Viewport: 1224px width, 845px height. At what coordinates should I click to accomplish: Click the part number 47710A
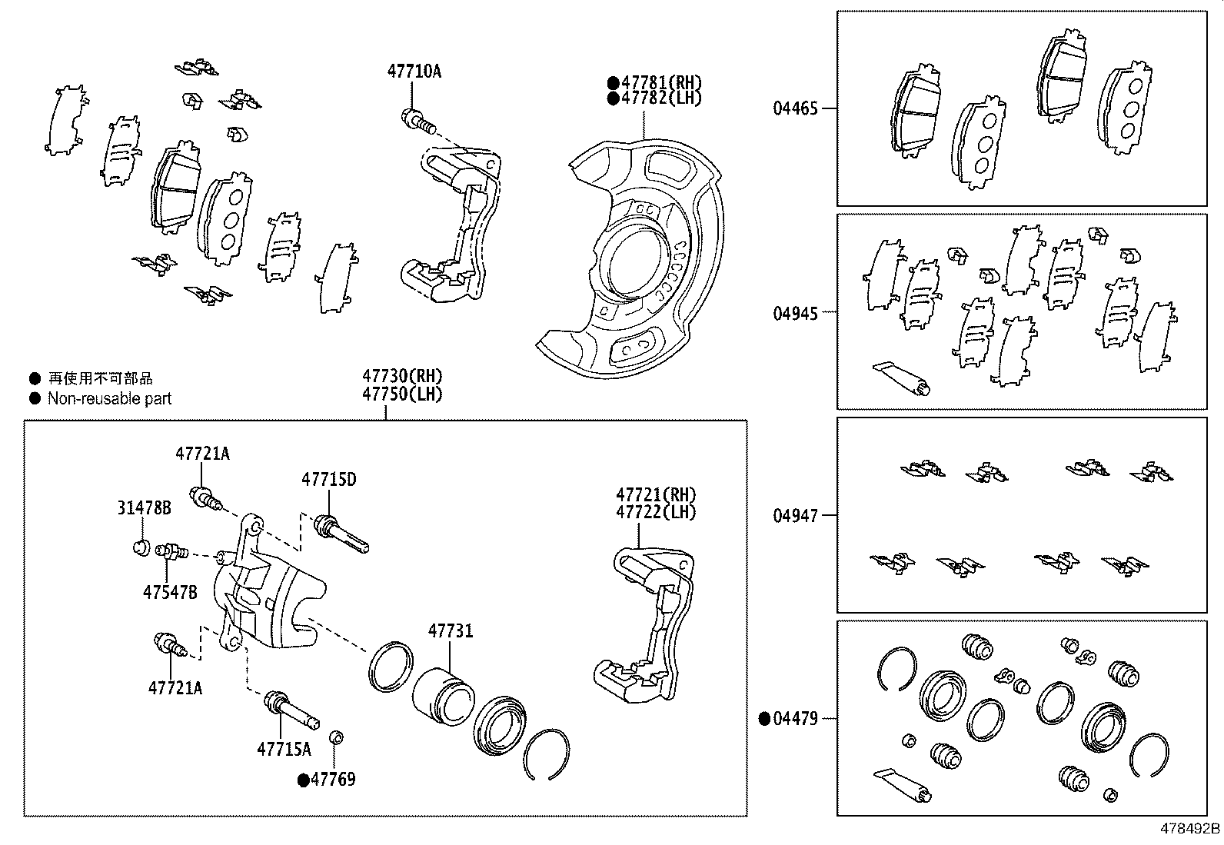414,72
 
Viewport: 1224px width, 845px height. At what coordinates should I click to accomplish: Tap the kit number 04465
795,108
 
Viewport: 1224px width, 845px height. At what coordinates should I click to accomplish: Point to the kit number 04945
795,312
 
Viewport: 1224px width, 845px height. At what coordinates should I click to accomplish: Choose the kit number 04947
795,515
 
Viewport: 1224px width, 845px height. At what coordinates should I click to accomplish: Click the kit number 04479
795,719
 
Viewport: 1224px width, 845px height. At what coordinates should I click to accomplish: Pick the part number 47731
451,631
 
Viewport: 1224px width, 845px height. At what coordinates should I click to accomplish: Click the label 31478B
144,508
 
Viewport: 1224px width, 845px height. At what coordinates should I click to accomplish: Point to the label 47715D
328,480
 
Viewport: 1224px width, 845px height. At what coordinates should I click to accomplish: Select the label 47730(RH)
403,377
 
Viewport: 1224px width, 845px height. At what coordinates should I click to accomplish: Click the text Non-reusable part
109,398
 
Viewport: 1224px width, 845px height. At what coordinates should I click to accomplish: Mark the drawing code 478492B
1190,829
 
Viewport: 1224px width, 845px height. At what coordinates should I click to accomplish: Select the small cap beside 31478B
141,547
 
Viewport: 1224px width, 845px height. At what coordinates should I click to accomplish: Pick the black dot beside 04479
764,719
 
